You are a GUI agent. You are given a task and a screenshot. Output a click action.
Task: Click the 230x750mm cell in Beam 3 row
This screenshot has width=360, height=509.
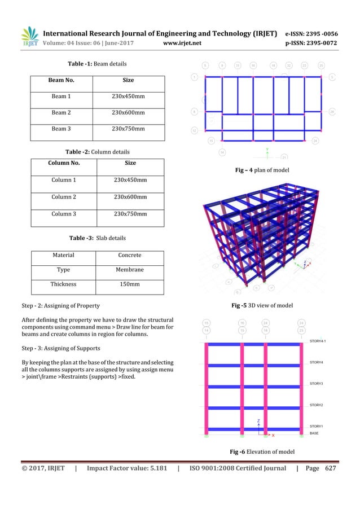click(x=129, y=129)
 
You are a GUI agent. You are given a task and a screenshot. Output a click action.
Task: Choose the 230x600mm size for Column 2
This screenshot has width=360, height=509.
click(x=130, y=197)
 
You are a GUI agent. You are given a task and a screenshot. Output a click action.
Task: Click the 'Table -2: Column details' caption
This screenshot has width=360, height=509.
click(x=97, y=152)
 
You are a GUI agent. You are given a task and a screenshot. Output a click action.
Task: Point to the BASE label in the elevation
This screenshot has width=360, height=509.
click(x=315, y=433)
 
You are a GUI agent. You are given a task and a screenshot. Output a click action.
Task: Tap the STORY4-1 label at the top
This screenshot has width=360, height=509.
click(x=320, y=341)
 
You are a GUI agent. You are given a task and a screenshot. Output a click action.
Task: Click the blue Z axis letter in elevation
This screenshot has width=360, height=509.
click(x=258, y=421)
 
